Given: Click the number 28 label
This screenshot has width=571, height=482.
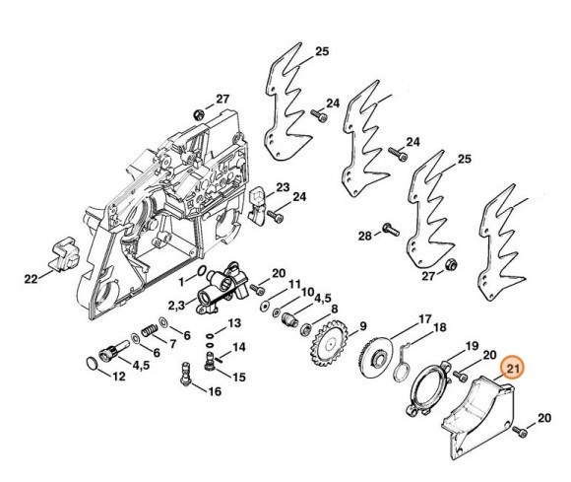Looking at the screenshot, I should [x=364, y=237].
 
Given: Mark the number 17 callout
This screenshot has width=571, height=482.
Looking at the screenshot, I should [x=423, y=317].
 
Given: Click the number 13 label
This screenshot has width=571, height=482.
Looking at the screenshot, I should [x=233, y=323].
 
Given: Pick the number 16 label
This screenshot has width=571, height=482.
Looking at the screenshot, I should [x=215, y=392].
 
